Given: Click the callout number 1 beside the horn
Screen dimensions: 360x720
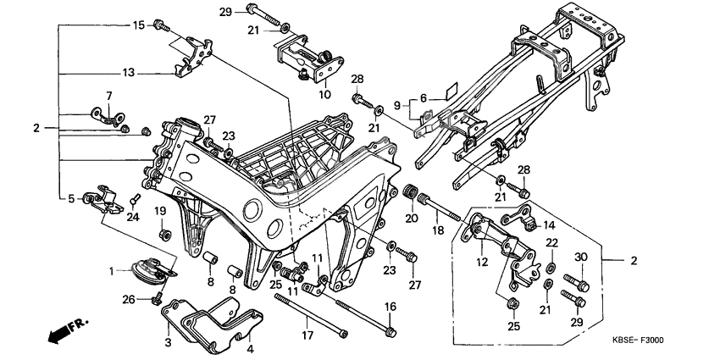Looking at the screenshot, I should pyautogui.click(x=110, y=271).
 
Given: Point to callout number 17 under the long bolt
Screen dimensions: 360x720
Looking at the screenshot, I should pyautogui.click(x=308, y=335).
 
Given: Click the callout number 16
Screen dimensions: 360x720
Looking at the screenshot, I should pyautogui.click(x=390, y=306).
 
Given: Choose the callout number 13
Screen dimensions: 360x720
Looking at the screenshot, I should pyautogui.click(x=128, y=74).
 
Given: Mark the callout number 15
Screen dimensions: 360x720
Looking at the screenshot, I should pyautogui.click(x=139, y=25).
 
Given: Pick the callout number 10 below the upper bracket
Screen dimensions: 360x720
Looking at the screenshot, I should pyautogui.click(x=324, y=95).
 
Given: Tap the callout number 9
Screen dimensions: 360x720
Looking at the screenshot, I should pyautogui.click(x=396, y=106).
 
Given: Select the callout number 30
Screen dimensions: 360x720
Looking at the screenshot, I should pyautogui.click(x=580, y=258).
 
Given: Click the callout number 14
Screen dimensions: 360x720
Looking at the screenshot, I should pyautogui.click(x=549, y=225).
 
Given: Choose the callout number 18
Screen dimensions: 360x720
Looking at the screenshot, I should pyautogui.click(x=439, y=230).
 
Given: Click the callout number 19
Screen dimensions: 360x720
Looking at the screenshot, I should pyautogui.click(x=159, y=210).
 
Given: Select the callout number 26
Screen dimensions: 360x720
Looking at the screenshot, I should pyautogui.click(x=128, y=298).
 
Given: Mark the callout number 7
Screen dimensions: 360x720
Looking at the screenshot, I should pyautogui.click(x=108, y=95).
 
